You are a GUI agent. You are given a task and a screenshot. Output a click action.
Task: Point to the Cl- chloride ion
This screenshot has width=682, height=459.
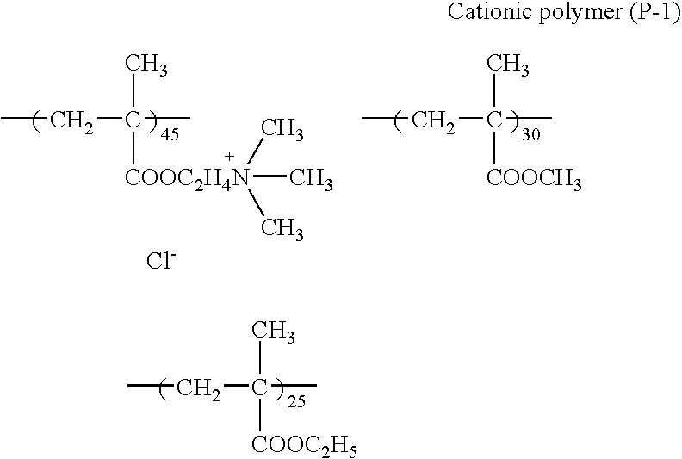[x=160, y=260]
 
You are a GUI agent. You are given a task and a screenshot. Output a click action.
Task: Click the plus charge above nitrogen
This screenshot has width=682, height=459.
[x=229, y=157]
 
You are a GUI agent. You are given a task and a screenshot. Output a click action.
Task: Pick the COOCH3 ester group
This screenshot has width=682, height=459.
[x=534, y=181]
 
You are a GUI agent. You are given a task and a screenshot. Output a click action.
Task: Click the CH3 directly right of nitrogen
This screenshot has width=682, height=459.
[x=311, y=181]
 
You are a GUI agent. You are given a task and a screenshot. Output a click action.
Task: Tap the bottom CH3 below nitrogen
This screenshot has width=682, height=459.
[x=282, y=228]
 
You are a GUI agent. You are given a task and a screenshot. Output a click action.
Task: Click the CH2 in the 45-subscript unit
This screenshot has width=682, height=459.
[x=71, y=120]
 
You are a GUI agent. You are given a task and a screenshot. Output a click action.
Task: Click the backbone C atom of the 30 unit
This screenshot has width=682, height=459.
[x=494, y=120]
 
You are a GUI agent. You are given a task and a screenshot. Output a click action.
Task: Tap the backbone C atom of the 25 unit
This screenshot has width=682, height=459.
[x=258, y=389]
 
